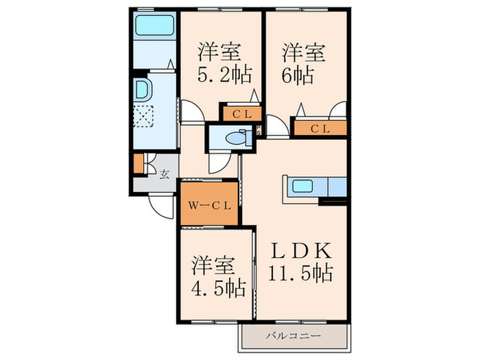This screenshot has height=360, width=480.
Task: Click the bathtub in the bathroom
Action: (154, 25)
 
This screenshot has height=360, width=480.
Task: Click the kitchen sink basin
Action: (302, 186)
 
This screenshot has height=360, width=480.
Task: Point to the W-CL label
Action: (209, 206)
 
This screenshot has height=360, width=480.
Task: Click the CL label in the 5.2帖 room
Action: (242, 115)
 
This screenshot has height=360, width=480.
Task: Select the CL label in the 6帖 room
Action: (320, 129)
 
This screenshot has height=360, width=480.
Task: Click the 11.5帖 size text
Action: (300, 272)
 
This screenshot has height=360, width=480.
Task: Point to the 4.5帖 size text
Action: (219, 288)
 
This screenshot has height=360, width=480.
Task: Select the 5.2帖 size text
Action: (225, 75)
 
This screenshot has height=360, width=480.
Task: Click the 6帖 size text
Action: (298, 75)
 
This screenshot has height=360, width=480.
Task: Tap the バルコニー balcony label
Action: (293, 336)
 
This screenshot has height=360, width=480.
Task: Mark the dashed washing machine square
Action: (144, 116)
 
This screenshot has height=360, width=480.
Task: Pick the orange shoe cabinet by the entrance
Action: (139, 163)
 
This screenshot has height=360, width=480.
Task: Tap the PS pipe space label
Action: (259, 130)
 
